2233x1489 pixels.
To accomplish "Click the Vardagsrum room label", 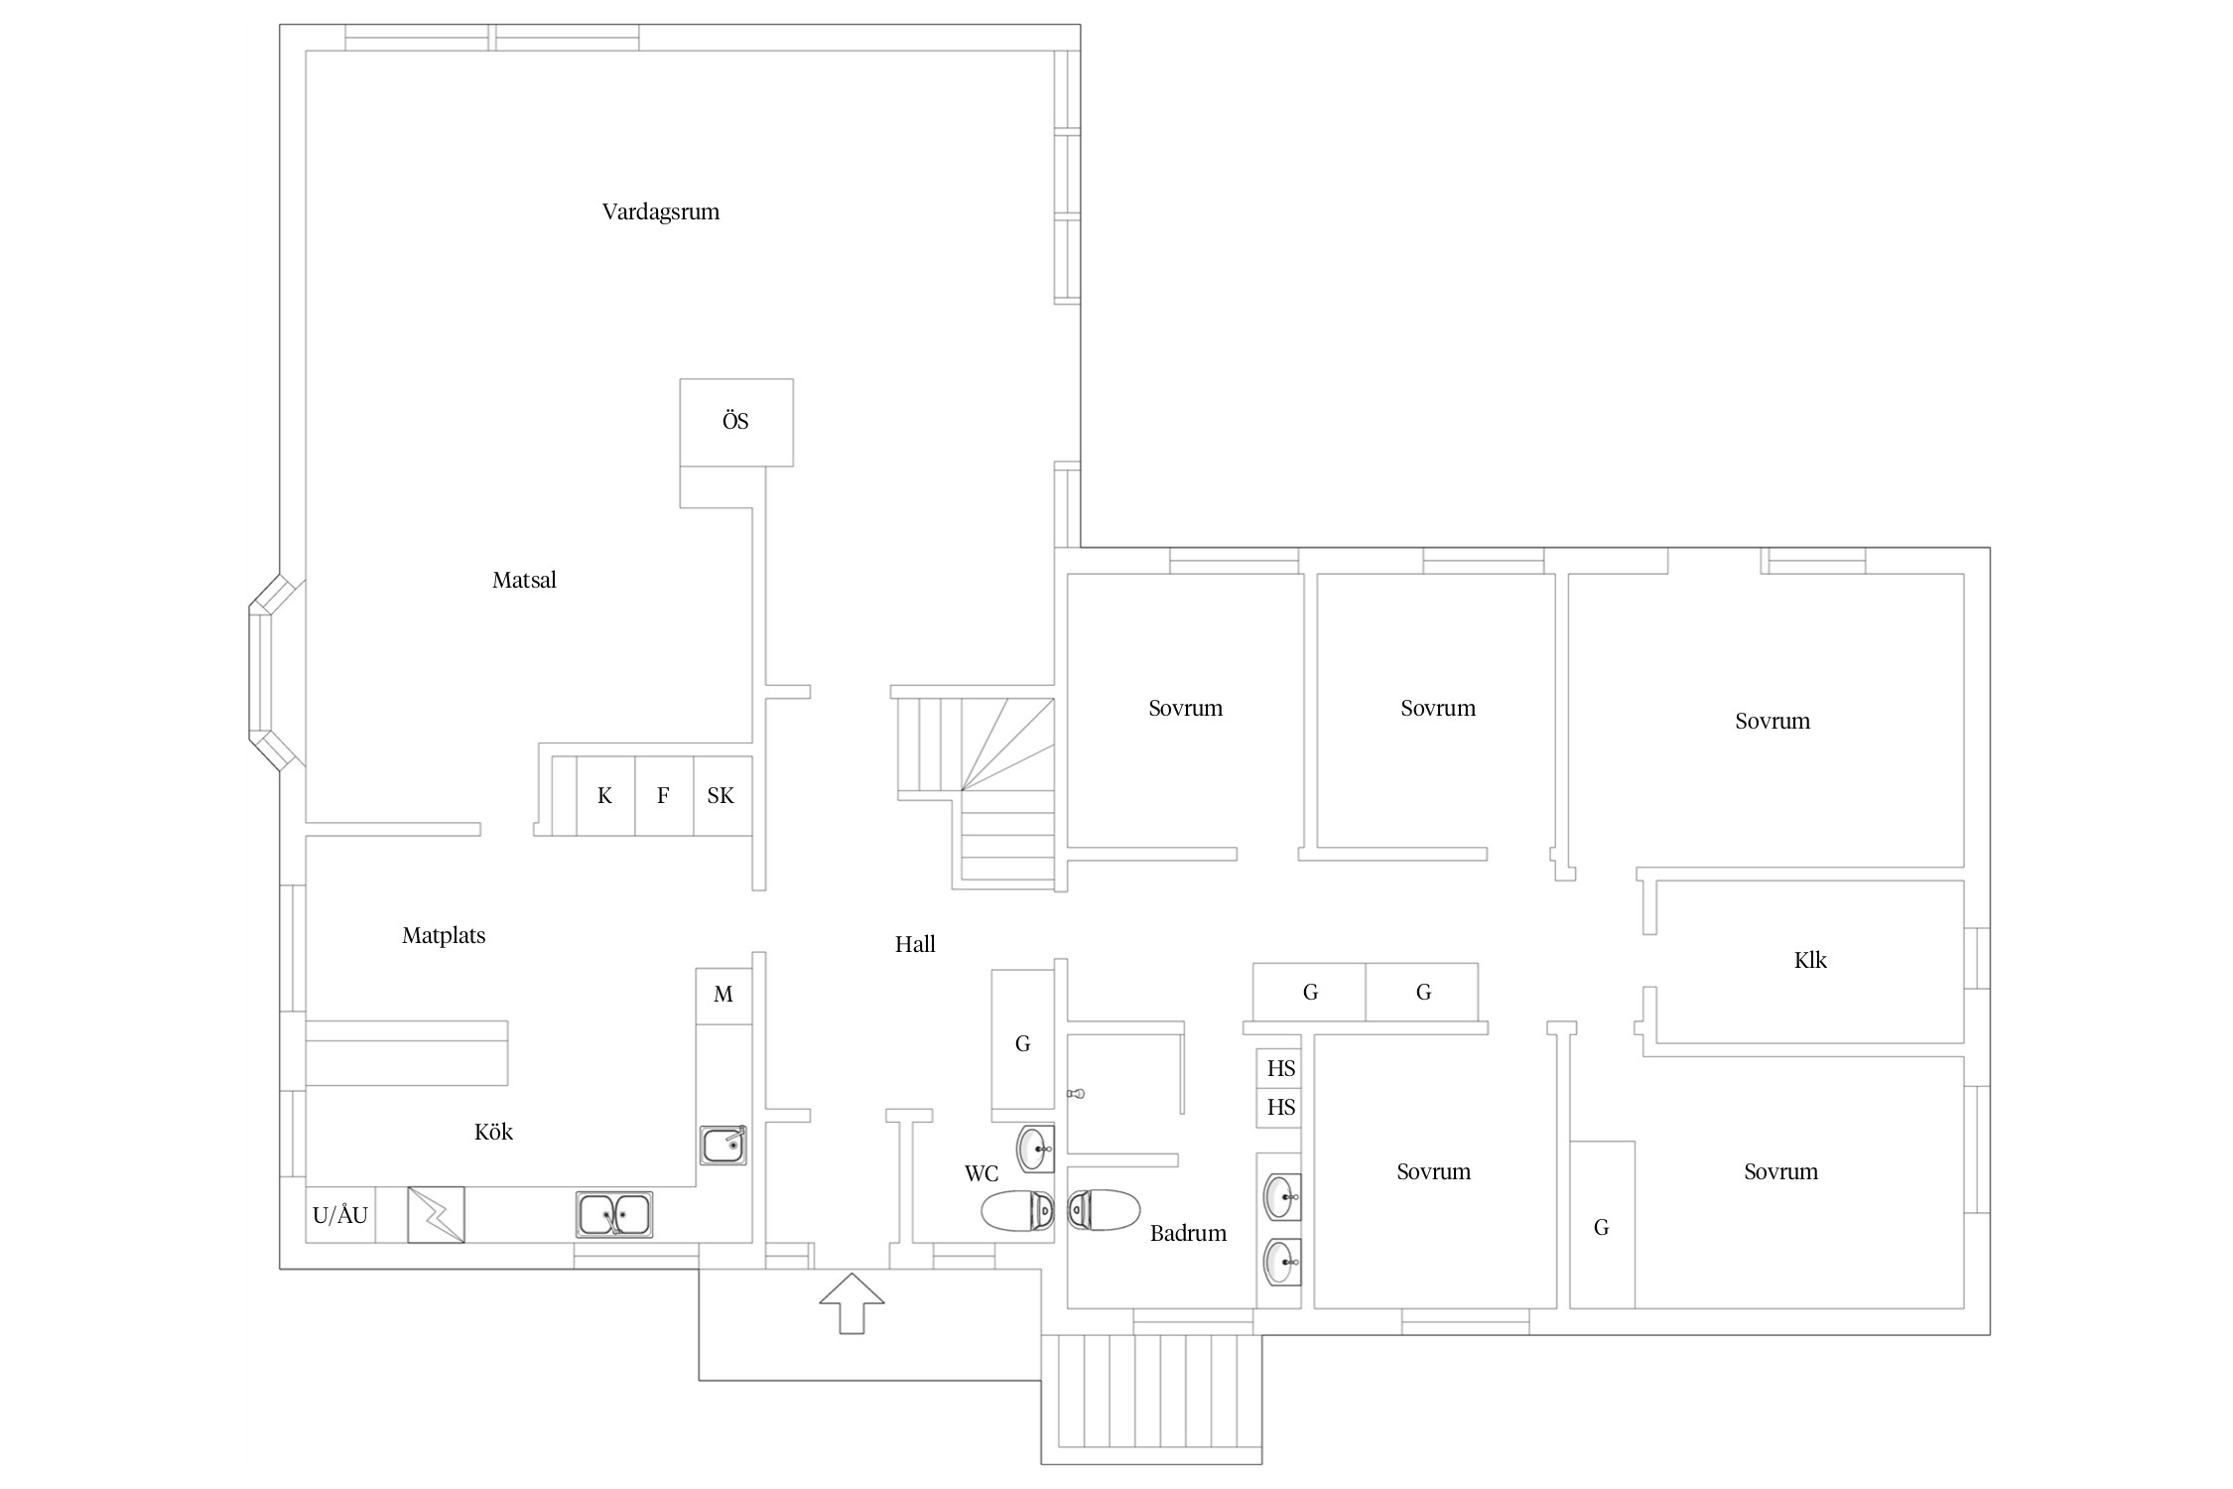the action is pyautogui.click(x=660, y=212).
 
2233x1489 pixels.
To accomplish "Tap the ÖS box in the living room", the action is pyautogui.click(x=736, y=422).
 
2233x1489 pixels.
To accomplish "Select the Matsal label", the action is pyautogui.click(x=524, y=581).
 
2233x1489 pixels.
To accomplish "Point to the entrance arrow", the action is pyautogui.click(x=852, y=1302).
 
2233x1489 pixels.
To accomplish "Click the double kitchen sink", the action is pyautogui.click(x=614, y=1215).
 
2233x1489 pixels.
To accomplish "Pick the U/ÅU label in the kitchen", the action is pyautogui.click(x=340, y=1215).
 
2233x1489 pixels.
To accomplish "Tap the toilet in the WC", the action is pyautogui.click(x=1018, y=1210).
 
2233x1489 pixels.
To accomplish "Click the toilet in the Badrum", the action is pyautogui.click(x=1103, y=1210).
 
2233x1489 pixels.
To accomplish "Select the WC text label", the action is pyautogui.click(x=982, y=1174).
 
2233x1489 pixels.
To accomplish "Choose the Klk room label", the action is pyautogui.click(x=1810, y=961).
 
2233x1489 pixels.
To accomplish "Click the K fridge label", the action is pyautogui.click(x=604, y=796).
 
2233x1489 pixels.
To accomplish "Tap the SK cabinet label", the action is pyautogui.click(x=721, y=796).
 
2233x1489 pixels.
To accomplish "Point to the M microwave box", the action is pyautogui.click(x=723, y=996).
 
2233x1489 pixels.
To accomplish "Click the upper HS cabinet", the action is pyautogui.click(x=1279, y=1069).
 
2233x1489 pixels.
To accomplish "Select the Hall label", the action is pyautogui.click(x=915, y=945).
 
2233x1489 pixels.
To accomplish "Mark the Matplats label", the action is pyautogui.click(x=444, y=936).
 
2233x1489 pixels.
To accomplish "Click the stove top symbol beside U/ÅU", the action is pyautogui.click(x=436, y=1215).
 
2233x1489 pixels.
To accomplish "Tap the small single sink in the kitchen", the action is pyautogui.click(x=722, y=1146).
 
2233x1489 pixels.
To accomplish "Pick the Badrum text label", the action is pyautogui.click(x=1188, y=1234).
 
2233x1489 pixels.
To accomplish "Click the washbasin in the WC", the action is pyautogui.click(x=1036, y=1150).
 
